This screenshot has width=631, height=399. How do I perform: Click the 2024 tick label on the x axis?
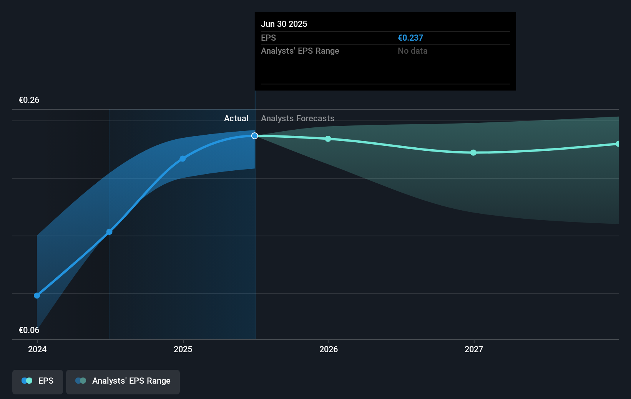(x=37, y=349)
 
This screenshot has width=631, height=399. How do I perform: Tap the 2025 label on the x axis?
(x=183, y=349)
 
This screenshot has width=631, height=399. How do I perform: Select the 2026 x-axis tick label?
(x=329, y=349)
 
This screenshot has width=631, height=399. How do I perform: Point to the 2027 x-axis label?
(x=474, y=349)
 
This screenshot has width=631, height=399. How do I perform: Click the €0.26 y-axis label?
(x=29, y=100)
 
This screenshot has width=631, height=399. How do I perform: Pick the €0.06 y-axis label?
(x=29, y=330)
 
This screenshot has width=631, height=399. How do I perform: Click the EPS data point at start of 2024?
(x=37, y=295)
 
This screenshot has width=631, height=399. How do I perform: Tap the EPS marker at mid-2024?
(x=110, y=232)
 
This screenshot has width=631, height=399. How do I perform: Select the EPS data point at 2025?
(x=183, y=158)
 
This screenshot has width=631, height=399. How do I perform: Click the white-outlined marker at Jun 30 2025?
(x=255, y=136)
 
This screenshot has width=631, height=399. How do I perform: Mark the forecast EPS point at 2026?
(x=328, y=139)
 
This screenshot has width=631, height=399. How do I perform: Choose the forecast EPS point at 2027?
(x=473, y=153)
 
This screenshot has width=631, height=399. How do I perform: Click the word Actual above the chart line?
(x=236, y=119)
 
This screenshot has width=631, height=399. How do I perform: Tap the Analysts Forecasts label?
(x=297, y=119)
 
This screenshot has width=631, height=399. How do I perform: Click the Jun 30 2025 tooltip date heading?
(x=284, y=24)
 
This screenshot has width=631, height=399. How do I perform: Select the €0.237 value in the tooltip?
(x=410, y=38)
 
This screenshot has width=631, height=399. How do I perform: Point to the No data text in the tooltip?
(x=412, y=51)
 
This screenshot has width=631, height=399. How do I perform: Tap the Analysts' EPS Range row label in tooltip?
(x=300, y=51)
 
